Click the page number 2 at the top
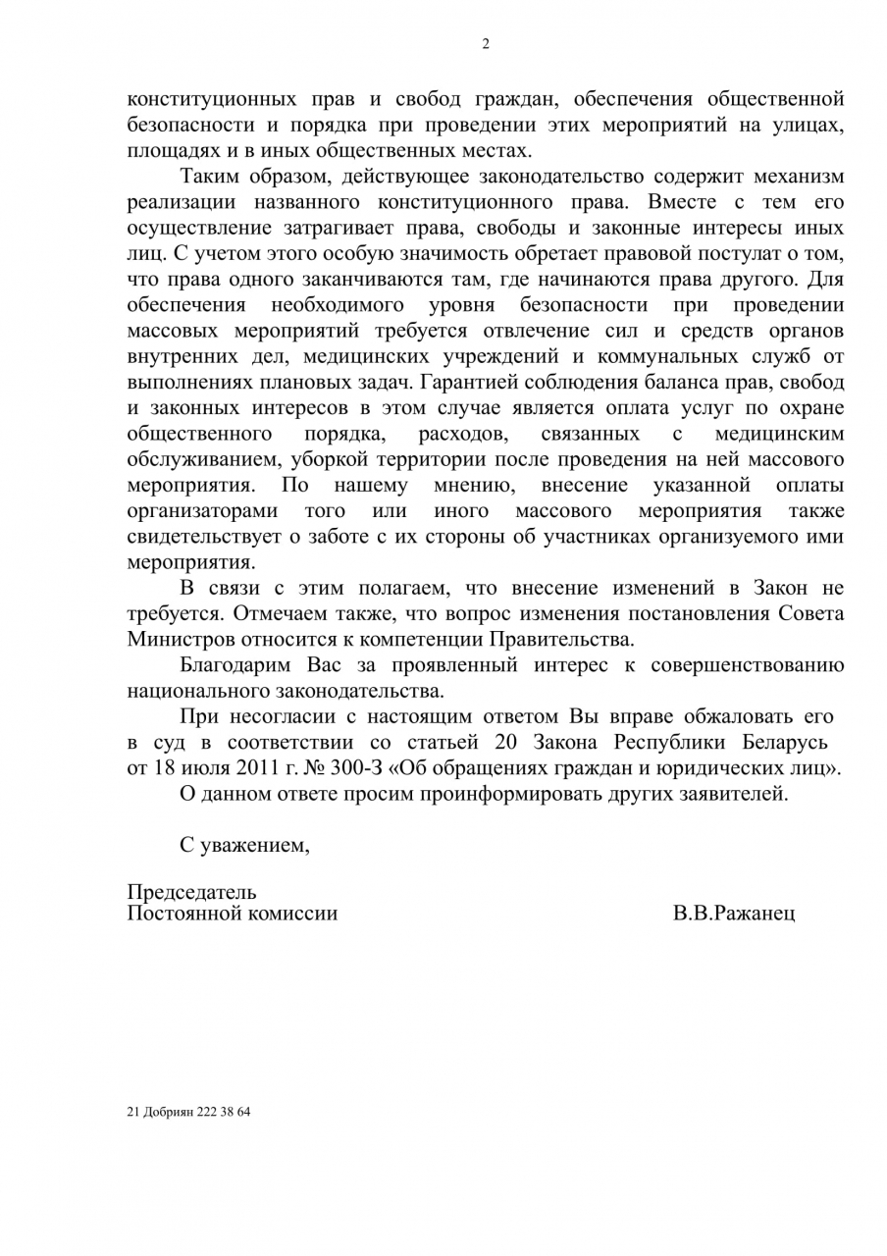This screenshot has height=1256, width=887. (485, 43)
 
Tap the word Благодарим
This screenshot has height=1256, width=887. (236, 664)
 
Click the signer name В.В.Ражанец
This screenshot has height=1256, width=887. (735, 913)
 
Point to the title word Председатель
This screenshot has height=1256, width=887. (192, 891)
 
